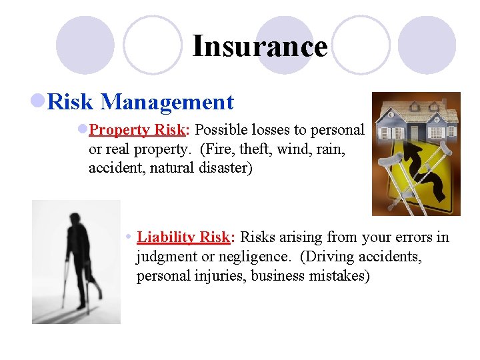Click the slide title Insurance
(x=260, y=47)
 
